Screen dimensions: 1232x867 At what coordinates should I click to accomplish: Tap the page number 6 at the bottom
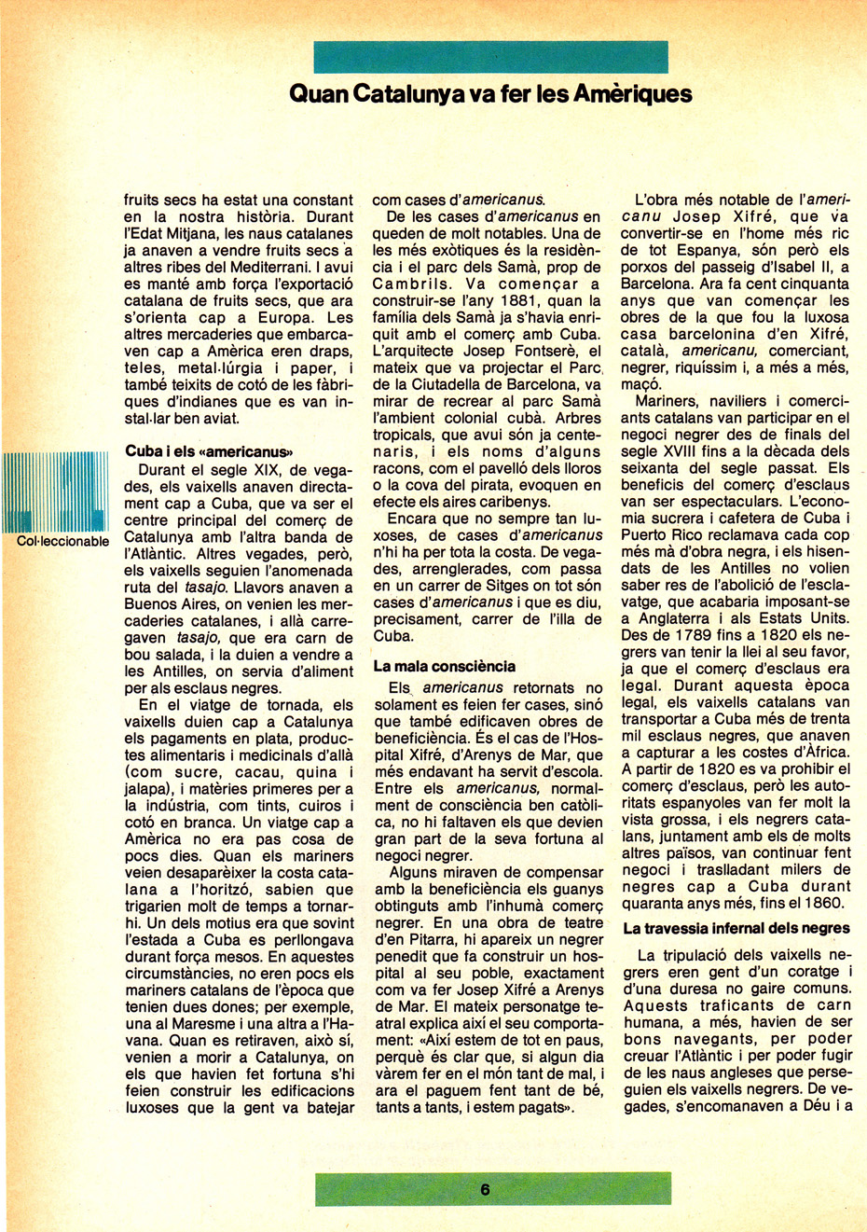486,1189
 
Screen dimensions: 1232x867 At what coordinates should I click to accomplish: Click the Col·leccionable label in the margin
63,542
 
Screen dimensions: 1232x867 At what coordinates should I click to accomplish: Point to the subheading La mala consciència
445,666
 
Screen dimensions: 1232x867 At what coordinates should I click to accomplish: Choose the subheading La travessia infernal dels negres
736,928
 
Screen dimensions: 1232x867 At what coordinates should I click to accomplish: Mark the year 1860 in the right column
821,902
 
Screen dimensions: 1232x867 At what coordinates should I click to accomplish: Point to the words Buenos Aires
170,604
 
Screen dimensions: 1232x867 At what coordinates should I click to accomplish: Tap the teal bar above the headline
490,57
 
